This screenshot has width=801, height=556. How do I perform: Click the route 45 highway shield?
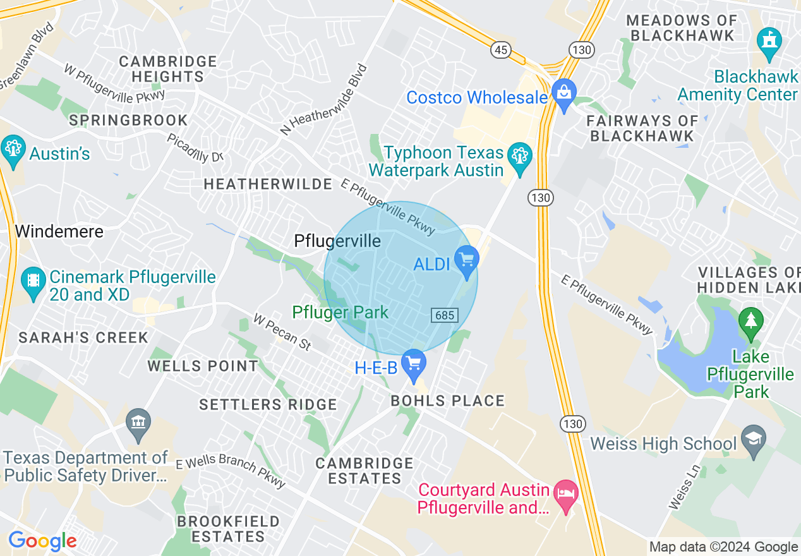500,51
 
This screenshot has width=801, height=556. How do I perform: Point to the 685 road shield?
445,315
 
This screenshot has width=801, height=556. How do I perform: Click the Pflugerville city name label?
337,241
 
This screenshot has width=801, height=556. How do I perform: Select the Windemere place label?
59,231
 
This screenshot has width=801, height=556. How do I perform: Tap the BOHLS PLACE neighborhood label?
448,401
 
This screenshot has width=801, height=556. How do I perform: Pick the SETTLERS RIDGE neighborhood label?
268,404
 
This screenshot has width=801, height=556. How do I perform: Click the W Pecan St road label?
282,332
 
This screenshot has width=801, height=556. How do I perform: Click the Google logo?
42,541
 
